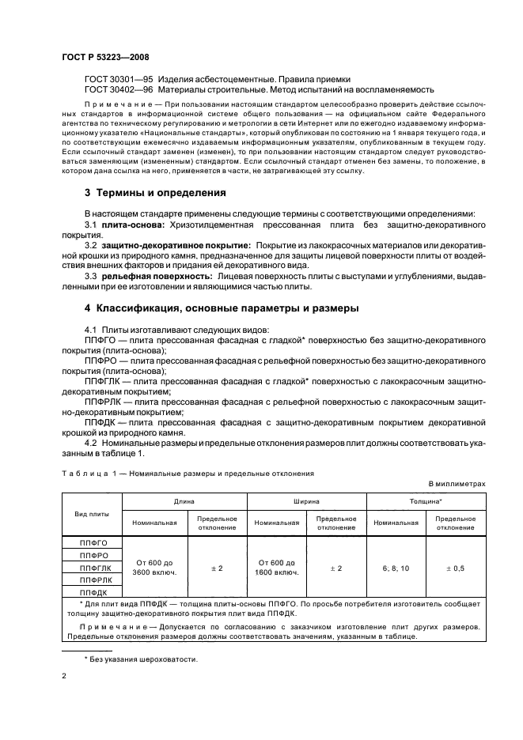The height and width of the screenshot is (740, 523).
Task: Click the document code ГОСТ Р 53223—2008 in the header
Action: click(104, 57)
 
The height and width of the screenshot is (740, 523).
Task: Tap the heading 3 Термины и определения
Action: click(144, 193)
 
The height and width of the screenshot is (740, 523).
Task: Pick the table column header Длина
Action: click(185, 501)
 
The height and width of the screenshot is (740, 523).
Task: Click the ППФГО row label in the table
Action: click(93, 543)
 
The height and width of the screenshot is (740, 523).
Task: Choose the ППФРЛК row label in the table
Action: click(93, 580)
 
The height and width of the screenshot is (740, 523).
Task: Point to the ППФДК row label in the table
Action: click(93, 591)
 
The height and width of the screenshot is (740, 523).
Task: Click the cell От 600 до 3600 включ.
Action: click(154, 567)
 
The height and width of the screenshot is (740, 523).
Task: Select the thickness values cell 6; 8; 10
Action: click(396, 567)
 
